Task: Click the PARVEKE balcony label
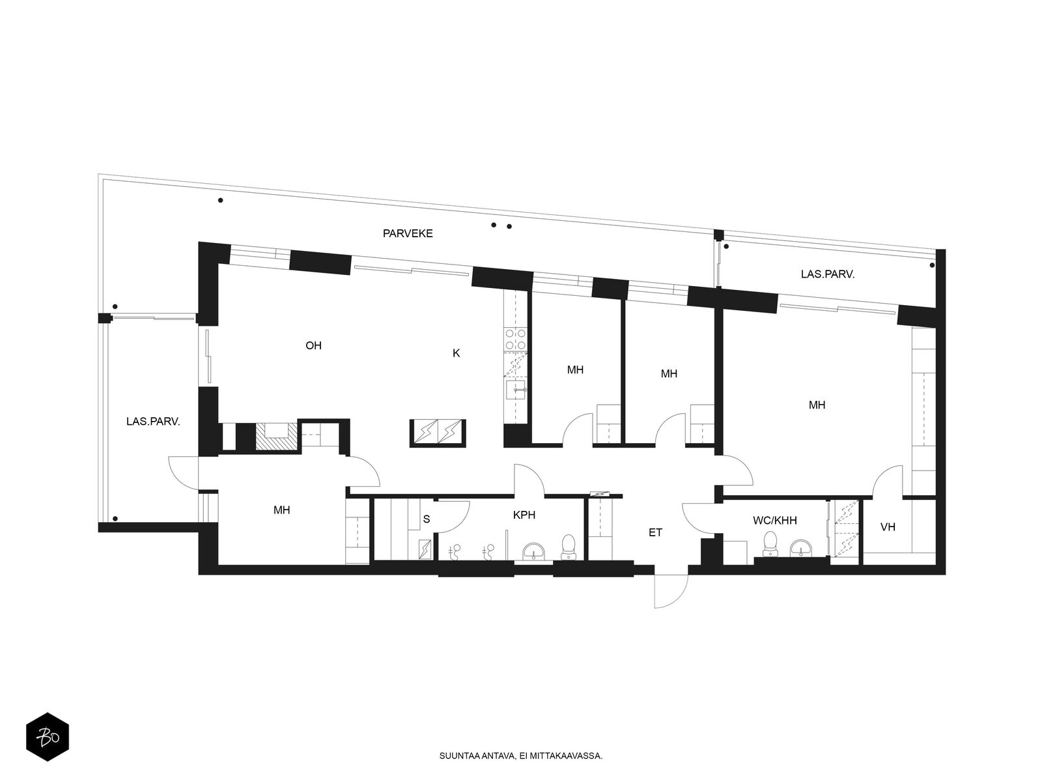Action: pyautogui.click(x=407, y=233)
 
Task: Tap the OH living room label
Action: pyautogui.click(x=313, y=345)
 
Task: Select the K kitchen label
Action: pyautogui.click(x=457, y=353)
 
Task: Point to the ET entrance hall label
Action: pyautogui.click(x=655, y=532)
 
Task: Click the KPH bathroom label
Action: pyautogui.click(x=524, y=515)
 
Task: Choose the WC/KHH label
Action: pyautogui.click(x=775, y=521)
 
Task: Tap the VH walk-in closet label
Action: pyautogui.click(x=888, y=527)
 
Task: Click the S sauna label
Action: pyautogui.click(x=427, y=519)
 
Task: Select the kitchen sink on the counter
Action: pyautogui.click(x=516, y=390)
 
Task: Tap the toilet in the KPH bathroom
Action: pyautogui.click(x=568, y=547)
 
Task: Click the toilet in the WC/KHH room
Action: pyautogui.click(x=770, y=543)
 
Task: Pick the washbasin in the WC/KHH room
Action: pyautogui.click(x=801, y=549)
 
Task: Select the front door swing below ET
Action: pyautogui.click(x=670, y=591)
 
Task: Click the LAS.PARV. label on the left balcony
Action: pyautogui.click(x=153, y=421)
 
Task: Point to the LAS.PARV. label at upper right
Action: pyautogui.click(x=828, y=274)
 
